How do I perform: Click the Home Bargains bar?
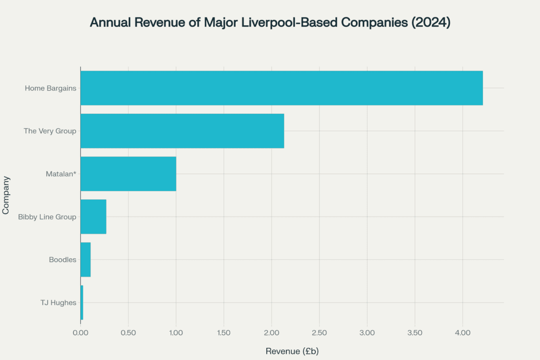click(x=281, y=88)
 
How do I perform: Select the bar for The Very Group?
click(x=182, y=131)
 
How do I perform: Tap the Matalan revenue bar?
click(x=128, y=174)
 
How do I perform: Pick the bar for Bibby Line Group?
click(x=93, y=217)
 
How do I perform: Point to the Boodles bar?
click(x=85, y=259)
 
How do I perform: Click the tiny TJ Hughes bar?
click(x=82, y=303)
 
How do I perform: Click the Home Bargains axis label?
click(x=51, y=88)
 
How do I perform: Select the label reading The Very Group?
click(x=50, y=131)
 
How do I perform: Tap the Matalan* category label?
click(x=61, y=174)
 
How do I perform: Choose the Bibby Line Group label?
click(x=47, y=217)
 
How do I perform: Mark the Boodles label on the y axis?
click(x=63, y=259)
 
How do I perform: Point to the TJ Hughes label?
click(x=59, y=303)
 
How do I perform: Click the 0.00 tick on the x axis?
click(x=81, y=333)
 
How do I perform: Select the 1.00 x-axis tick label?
click(x=176, y=333)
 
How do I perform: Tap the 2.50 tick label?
click(x=320, y=333)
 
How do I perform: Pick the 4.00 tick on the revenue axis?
click(x=462, y=333)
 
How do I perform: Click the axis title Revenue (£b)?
click(x=292, y=351)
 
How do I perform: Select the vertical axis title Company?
click(x=6, y=195)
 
